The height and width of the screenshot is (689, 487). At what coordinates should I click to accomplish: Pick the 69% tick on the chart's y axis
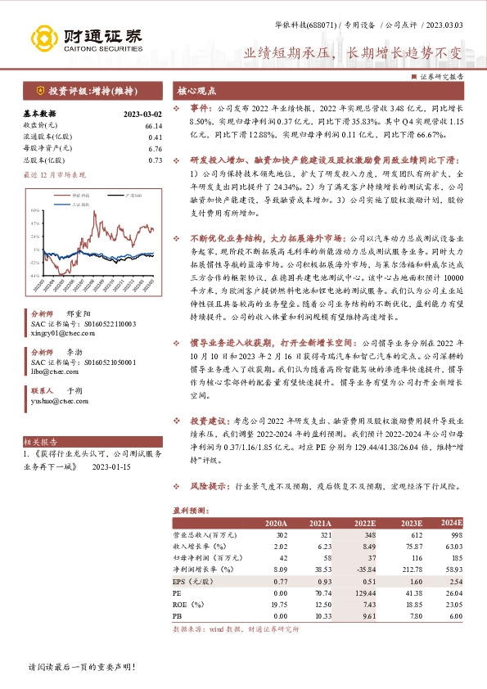coord(35,209)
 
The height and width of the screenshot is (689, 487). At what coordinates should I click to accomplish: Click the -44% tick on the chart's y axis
coord(34,276)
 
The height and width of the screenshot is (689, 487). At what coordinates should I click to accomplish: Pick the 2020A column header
coord(276,523)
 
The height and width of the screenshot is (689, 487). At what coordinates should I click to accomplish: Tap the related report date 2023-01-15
coord(111,467)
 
